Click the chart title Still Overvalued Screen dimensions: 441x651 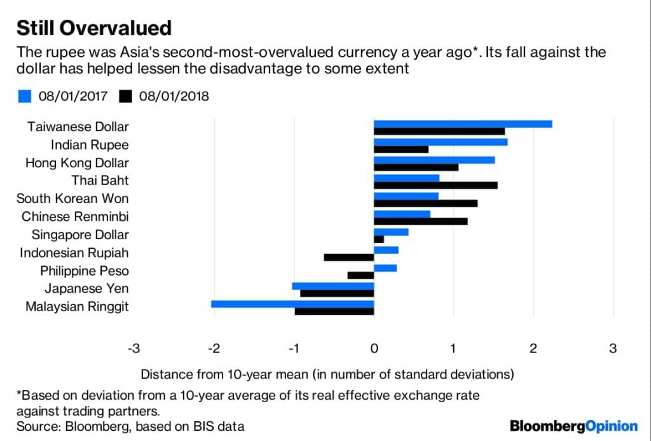[x=93, y=28]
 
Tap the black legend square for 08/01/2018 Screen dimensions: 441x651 [x=125, y=96]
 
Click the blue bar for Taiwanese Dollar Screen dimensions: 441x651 [x=462, y=123]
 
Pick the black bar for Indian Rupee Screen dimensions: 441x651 [x=401, y=149]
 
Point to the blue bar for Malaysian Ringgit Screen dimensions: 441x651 [x=292, y=304]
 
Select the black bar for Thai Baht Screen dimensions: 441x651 [x=435, y=185]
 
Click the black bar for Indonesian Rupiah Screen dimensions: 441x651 [x=348, y=257]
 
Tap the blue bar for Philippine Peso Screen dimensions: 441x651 [x=385, y=268]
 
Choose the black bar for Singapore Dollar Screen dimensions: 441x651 [x=379, y=239]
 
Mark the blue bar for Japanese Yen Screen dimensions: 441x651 [x=332, y=286]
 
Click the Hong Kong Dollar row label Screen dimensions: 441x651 [x=77, y=163]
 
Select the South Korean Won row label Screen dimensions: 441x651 [x=72, y=199]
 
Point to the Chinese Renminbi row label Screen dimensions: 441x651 [x=75, y=217]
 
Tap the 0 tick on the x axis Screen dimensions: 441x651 [x=374, y=348]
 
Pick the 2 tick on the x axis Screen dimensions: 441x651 [x=533, y=348]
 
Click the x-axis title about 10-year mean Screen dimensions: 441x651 [x=327, y=373]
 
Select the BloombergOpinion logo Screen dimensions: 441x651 [x=573, y=425]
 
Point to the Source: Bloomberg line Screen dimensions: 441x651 [x=130, y=426]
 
